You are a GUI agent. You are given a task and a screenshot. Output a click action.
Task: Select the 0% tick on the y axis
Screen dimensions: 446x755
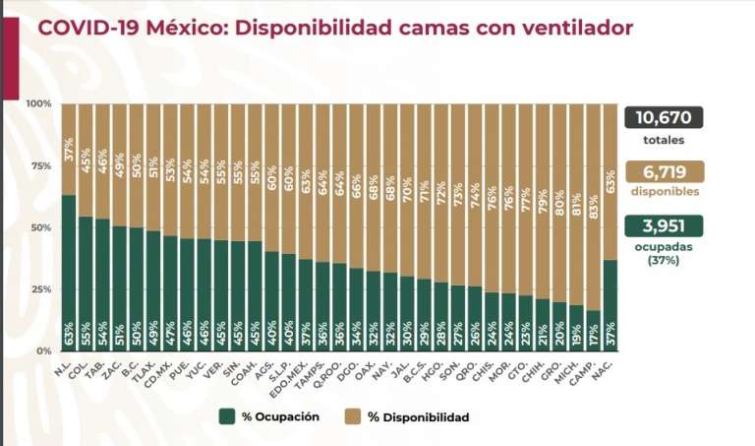(x=43, y=351)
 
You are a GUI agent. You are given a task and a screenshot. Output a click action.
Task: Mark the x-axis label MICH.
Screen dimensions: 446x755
(x=574, y=367)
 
